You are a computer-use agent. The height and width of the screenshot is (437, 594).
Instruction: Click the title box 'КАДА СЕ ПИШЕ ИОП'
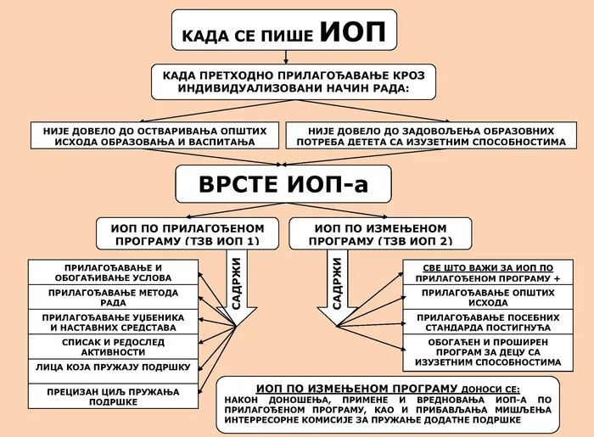click(x=284, y=34)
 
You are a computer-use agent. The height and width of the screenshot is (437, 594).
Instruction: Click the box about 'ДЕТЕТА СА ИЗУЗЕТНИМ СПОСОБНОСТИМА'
click(x=425, y=137)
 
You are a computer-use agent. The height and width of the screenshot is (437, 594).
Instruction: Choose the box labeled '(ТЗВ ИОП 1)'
click(x=188, y=234)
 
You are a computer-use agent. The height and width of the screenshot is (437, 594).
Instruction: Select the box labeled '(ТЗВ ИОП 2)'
click(x=380, y=234)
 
